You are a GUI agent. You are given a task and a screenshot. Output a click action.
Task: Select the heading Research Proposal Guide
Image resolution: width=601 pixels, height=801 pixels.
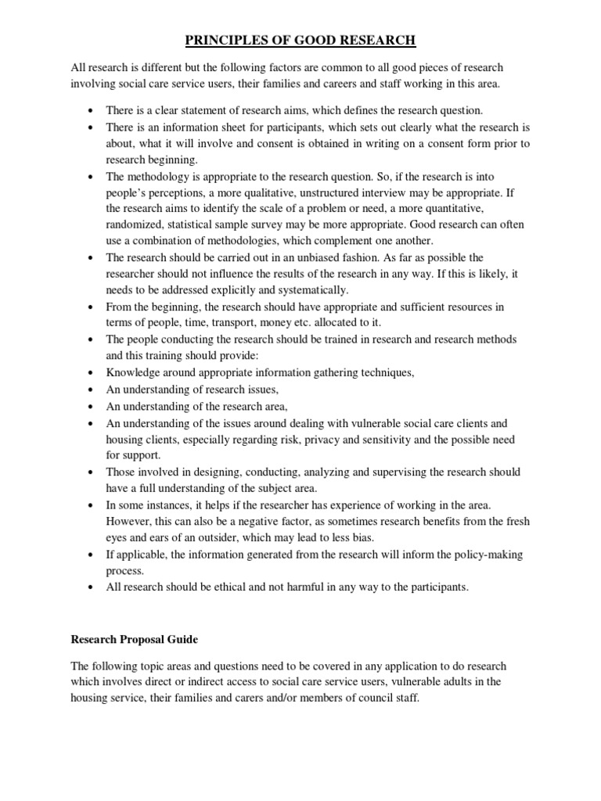134,639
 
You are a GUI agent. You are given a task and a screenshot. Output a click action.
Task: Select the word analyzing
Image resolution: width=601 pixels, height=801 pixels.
336,472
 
